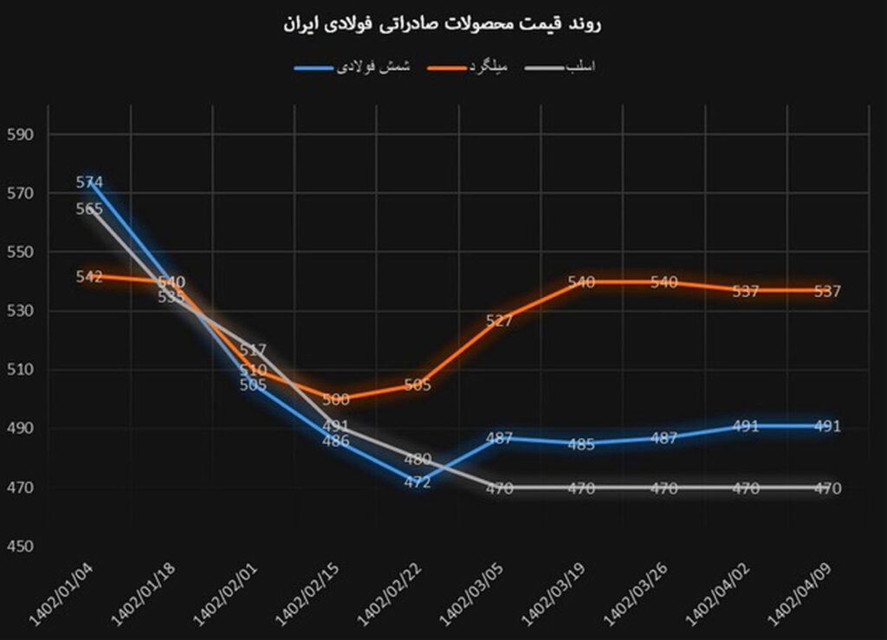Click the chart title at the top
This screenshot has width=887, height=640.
443,24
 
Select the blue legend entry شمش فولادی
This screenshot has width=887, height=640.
373,67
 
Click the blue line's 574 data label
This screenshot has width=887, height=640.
89,183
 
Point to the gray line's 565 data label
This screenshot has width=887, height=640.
89,209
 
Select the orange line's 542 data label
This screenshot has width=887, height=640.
89,277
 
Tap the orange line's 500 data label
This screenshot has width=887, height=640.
335,399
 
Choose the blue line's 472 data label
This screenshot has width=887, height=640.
418,482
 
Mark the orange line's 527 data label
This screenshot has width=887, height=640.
500,320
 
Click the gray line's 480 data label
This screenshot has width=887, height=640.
418,459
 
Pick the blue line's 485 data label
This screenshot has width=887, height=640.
581,444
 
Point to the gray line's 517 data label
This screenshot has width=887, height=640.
253,351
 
